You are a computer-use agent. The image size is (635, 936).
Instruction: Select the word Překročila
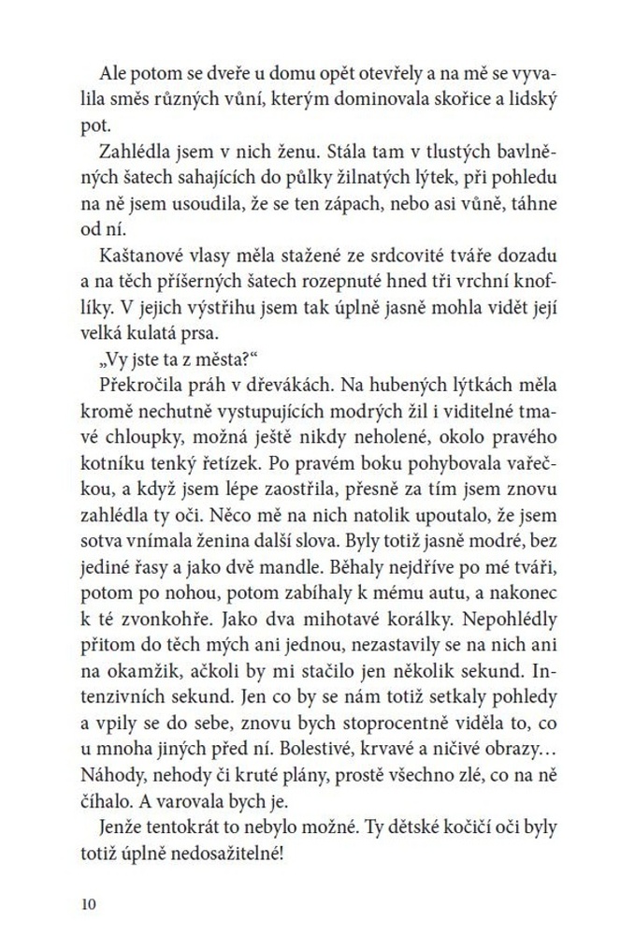(140, 385)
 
